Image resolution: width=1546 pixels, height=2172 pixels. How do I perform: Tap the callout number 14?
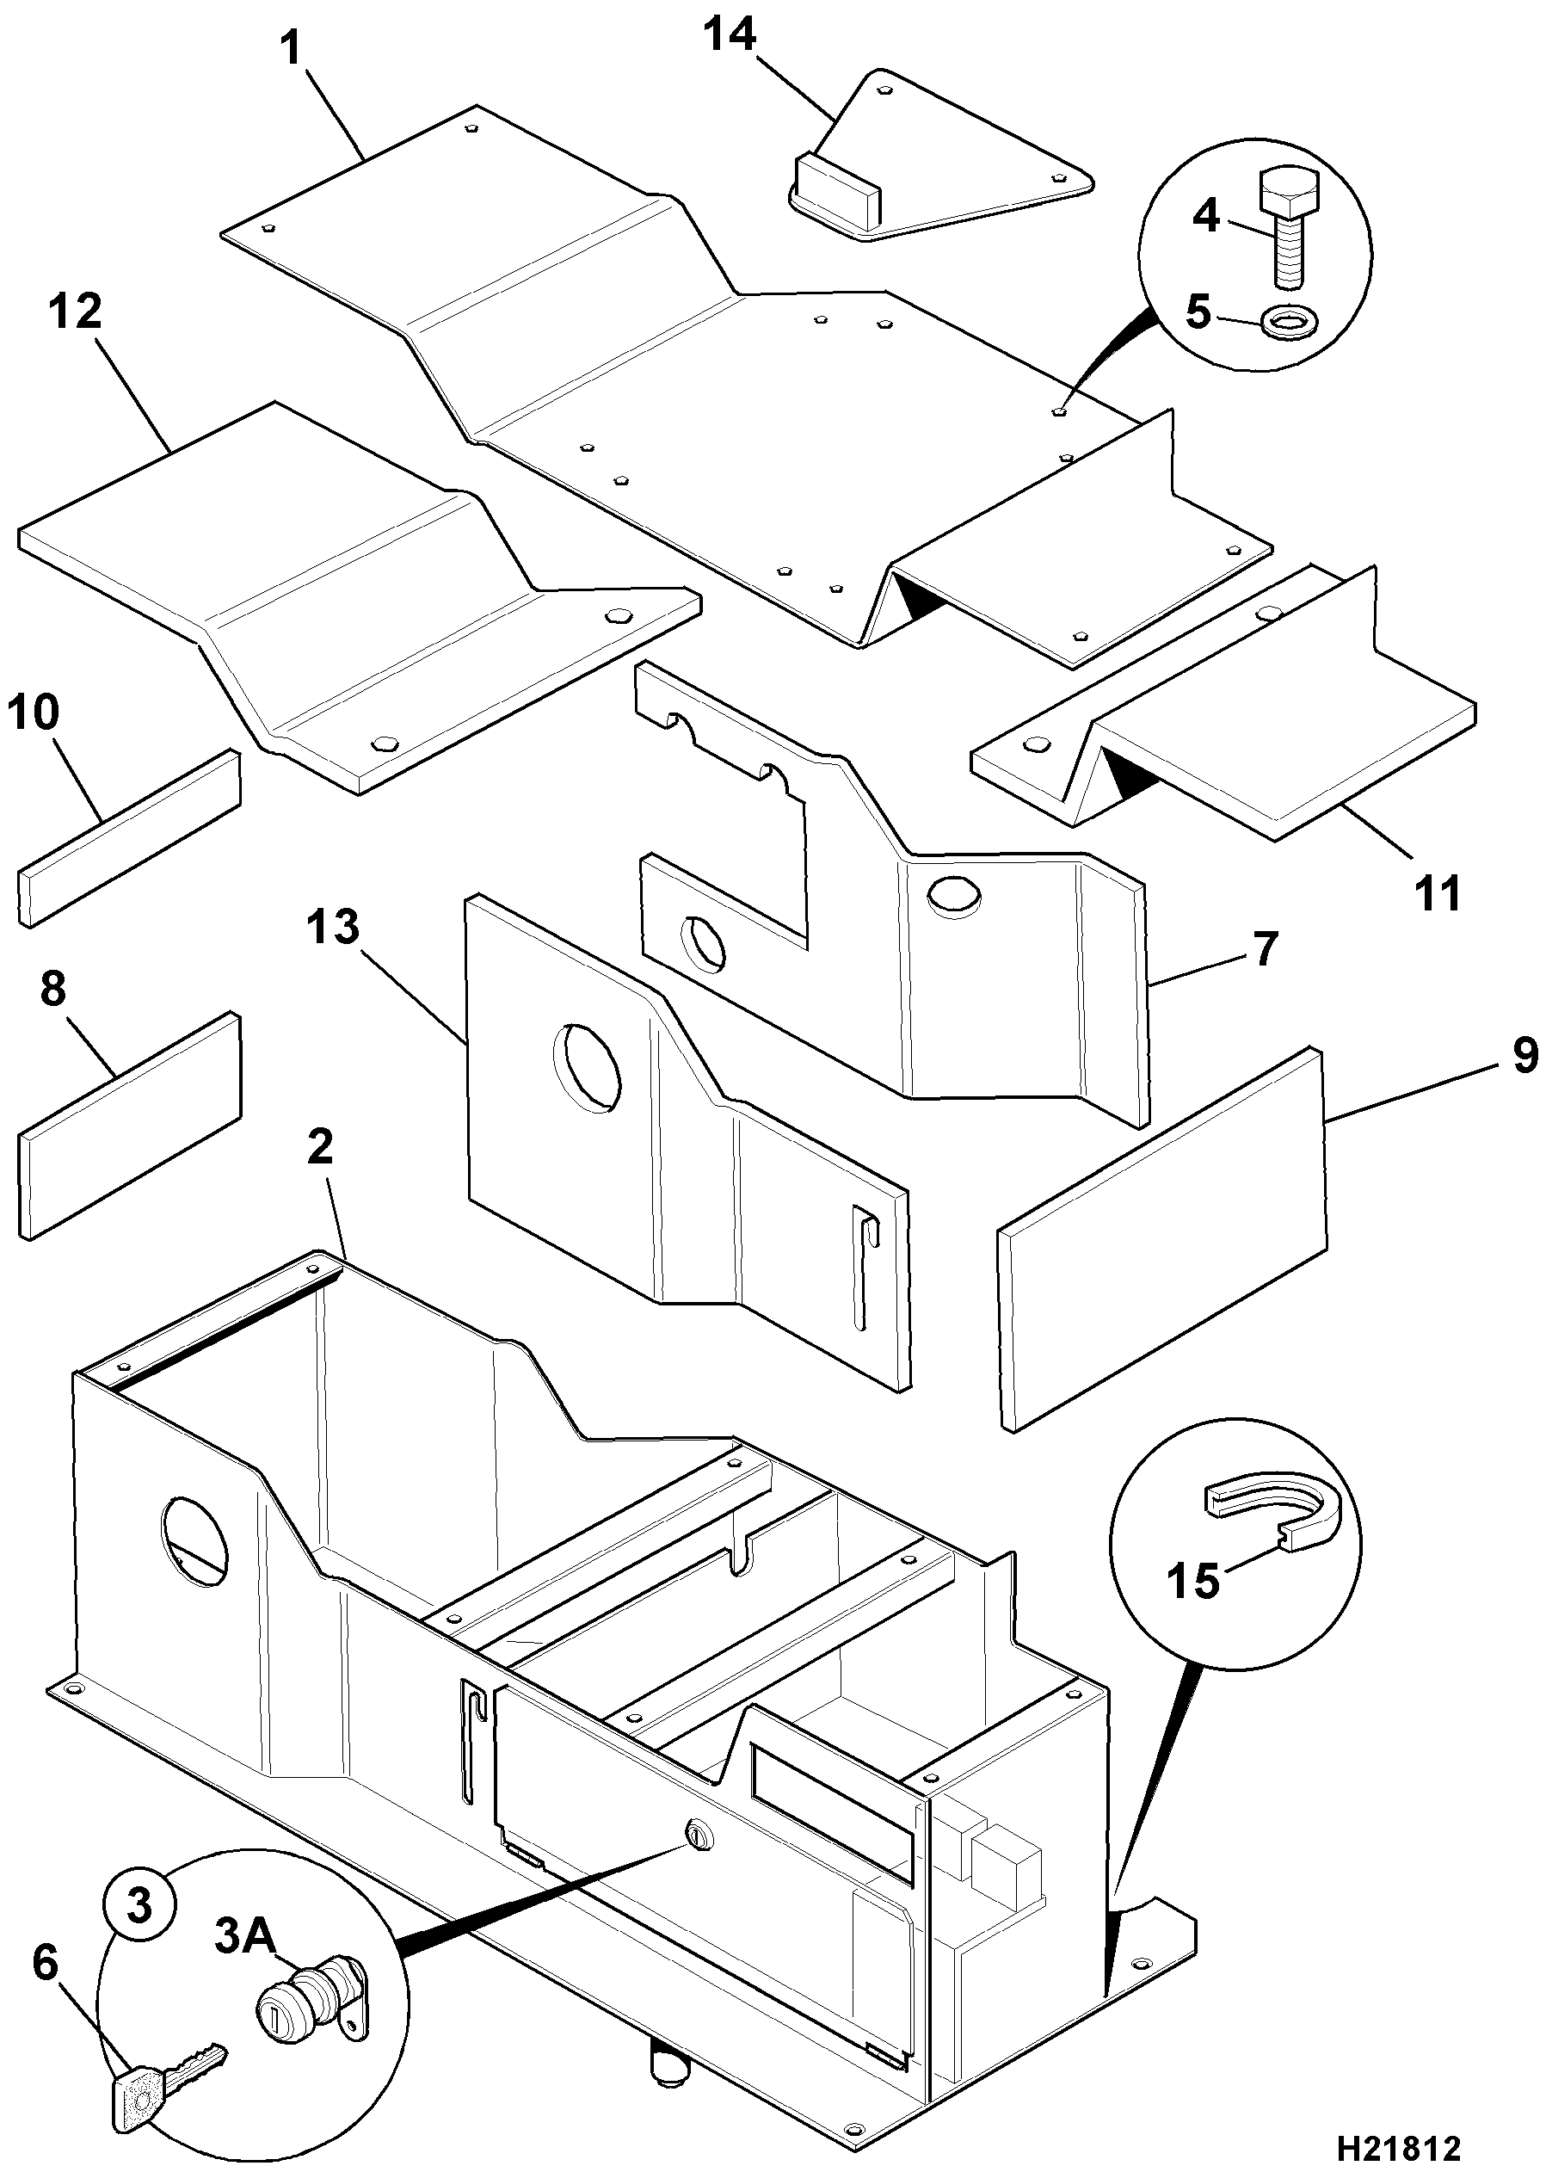(730, 35)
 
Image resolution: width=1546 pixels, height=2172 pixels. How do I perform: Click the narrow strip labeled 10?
(129, 838)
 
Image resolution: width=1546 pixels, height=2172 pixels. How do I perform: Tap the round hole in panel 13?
(587, 1066)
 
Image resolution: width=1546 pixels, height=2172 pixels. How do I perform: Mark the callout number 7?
(1263, 948)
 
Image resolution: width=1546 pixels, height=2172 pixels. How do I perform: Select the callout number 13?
(333, 927)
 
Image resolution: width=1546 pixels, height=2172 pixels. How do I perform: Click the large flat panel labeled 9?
(1162, 1239)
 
